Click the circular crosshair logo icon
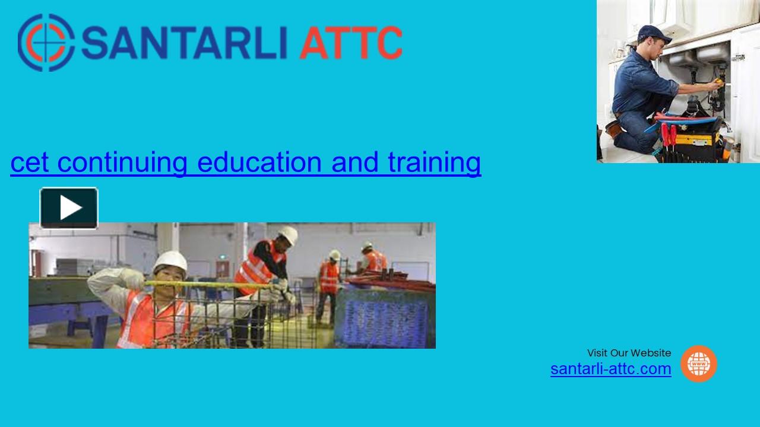coord(46,43)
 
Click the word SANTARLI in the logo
coord(186,43)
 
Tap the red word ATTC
coord(350,43)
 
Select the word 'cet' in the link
coord(29,162)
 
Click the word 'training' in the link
coord(434,162)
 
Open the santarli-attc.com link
coord(610,369)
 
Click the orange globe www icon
coord(698,364)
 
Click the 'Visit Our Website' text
coord(629,353)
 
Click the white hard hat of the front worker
coord(170,261)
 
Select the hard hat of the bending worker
coord(288,234)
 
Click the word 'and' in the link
coord(354,162)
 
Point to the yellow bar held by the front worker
coord(208,285)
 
